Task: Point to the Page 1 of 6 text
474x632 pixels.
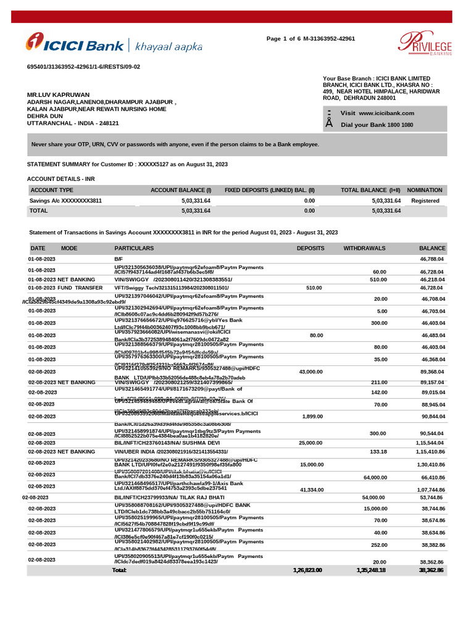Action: point(288,39)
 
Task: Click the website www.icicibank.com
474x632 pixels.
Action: point(386,113)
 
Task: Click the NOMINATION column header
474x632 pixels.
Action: point(425,190)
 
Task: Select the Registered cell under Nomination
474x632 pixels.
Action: point(425,201)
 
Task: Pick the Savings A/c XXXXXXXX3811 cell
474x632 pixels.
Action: point(66,201)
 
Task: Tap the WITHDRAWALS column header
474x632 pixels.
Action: point(364,247)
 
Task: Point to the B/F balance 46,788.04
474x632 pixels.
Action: point(432,259)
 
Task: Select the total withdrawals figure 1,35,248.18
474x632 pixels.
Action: point(370,570)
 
